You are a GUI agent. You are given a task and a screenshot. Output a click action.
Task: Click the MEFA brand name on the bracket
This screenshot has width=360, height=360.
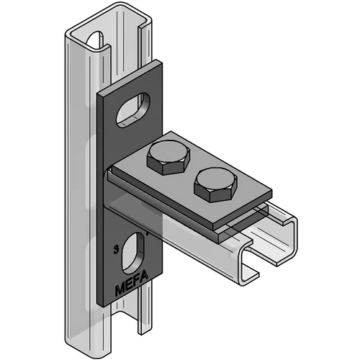click(x=132, y=283)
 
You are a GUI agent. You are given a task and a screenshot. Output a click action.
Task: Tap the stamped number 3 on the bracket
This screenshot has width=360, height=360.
click(x=117, y=250)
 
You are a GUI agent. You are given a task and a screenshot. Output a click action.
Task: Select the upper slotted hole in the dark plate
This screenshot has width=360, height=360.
click(x=132, y=109)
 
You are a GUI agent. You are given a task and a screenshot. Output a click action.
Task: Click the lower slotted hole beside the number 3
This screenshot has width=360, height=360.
click(x=133, y=253)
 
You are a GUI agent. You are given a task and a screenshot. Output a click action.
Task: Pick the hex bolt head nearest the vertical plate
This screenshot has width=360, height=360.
click(x=168, y=157)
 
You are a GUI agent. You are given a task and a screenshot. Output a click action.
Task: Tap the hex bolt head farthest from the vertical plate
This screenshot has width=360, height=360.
click(x=215, y=184)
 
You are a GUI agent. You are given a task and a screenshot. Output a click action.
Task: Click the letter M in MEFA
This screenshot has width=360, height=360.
click(x=120, y=290)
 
